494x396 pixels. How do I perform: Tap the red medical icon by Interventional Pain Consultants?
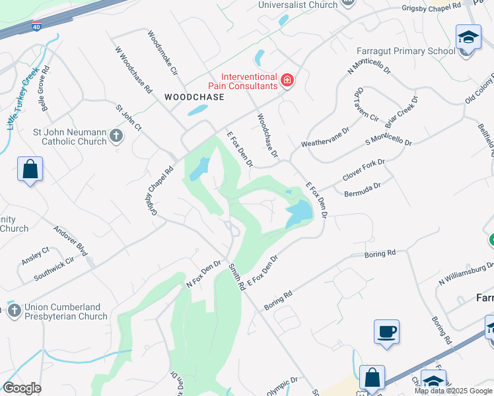coord(287,81)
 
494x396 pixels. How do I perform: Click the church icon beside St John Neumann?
coord(116,136)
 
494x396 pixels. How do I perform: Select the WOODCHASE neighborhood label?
coord(194,97)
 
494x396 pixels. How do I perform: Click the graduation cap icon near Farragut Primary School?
coord(468,37)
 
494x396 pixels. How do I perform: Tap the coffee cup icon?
coord(386,332)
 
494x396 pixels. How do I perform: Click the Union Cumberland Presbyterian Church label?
coord(65,312)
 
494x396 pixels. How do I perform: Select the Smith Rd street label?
coord(237,277)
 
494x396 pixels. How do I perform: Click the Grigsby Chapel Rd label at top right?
coord(433,9)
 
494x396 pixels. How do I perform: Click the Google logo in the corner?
coord(22,388)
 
